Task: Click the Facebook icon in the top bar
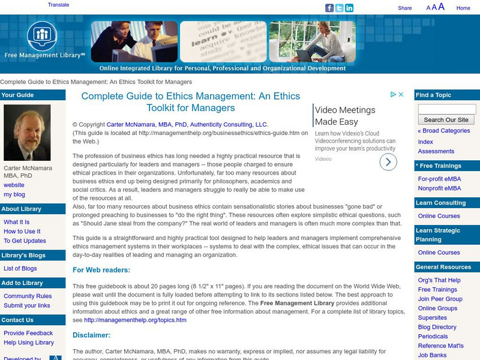(329, 8)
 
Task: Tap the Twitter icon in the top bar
(339, 8)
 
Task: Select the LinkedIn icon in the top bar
(349, 8)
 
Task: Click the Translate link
(58, 4)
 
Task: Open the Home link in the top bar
(463, 8)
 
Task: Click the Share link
(405, 8)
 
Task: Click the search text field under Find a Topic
(446, 109)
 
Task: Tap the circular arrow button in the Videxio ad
(388, 161)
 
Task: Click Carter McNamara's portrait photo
(27, 133)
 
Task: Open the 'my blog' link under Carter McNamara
(14, 194)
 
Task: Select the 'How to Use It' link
(22, 231)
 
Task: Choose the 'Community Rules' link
(28, 296)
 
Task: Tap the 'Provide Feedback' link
(28, 333)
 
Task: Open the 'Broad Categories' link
(444, 130)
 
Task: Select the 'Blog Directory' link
(437, 327)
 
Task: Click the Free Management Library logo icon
(41, 35)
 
